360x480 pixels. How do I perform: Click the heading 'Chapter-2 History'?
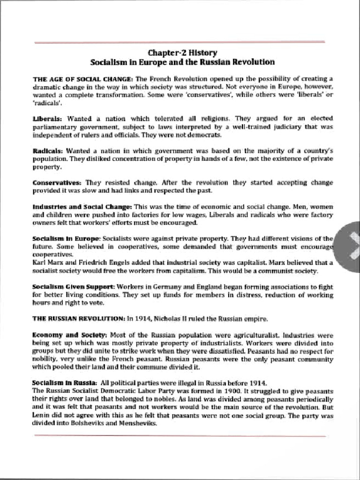pyautogui.click(x=182, y=53)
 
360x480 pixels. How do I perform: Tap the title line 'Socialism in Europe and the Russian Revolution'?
pyautogui.click(x=182, y=62)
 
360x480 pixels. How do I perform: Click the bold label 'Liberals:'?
pyautogui.click(x=49, y=119)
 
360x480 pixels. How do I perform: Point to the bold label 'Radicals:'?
pyautogui.click(x=48, y=151)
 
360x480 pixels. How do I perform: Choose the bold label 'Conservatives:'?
pyautogui.click(x=57, y=182)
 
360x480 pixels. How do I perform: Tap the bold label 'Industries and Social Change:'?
pyautogui.click(x=82, y=206)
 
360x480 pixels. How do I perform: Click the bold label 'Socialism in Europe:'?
pyautogui.click(x=66, y=238)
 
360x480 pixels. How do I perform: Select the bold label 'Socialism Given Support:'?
pyautogui.click(x=73, y=286)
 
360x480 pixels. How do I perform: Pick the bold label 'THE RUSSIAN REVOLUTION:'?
pyautogui.click(x=78, y=318)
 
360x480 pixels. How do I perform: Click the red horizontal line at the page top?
pyautogui.click(x=180, y=42)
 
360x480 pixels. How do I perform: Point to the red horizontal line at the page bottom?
pyautogui.click(x=180, y=435)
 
